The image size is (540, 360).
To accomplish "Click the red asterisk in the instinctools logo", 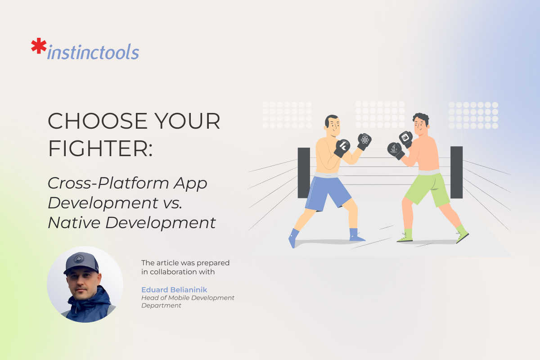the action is coord(39,45).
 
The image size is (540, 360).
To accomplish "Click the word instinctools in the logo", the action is coord(93,52).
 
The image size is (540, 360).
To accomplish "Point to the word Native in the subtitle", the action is coord(74,222).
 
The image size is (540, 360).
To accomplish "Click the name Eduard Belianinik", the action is coord(174,290).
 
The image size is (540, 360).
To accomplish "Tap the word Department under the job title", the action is coord(161,306).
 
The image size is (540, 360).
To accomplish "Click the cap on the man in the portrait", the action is coord(81,263).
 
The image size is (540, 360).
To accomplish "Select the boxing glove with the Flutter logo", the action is coord(342,148).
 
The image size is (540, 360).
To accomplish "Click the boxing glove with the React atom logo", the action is coord(364,141).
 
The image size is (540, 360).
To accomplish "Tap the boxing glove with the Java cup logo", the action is coord(396,150).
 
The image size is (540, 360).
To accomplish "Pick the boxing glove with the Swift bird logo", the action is coord(406,139).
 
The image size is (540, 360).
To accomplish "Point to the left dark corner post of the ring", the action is coord(304,173).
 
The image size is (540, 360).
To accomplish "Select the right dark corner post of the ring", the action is coord(456,172).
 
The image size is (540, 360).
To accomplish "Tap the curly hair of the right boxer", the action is coord(421,118).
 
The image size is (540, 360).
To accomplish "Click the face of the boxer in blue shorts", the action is coord(334,126).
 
